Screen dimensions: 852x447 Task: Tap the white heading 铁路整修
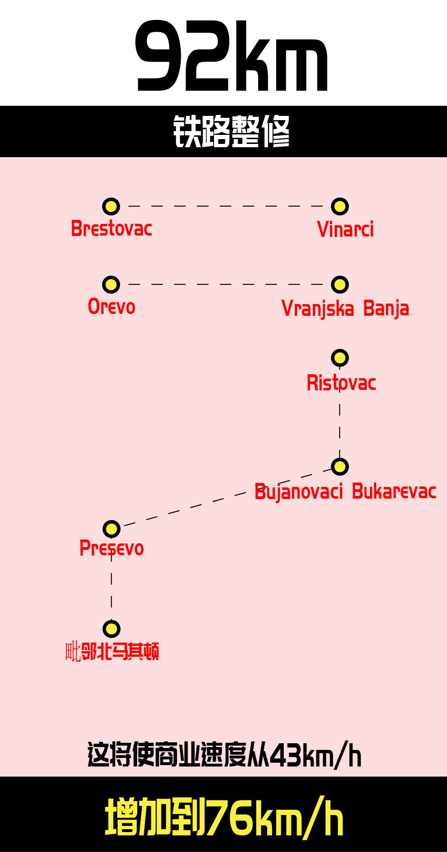pyautogui.click(x=232, y=131)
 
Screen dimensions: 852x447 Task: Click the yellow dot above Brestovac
pyautogui.click(x=112, y=207)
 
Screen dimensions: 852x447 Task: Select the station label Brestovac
pyautogui.click(x=112, y=228)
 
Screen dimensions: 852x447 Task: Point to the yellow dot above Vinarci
pyautogui.click(x=340, y=207)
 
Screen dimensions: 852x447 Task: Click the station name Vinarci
pyautogui.click(x=345, y=229)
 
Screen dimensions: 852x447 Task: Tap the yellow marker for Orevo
pyautogui.click(x=112, y=284)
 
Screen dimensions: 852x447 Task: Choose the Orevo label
pyautogui.click(x=112, y=307)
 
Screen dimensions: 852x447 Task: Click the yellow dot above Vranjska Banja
pyautogui.click(x=340, y=284)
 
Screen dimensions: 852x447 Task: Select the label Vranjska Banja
pyautogui.click(x=345, y=309)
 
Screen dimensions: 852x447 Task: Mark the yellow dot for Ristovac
pyautogui.click(x=340, y=358)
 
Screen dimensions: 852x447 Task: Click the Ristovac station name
pyautogui.click(x=341, y=383)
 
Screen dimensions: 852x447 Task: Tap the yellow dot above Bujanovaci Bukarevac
pyautogui.click(x=340, y=466)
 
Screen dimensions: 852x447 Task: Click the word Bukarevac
pyautogui.click(x=394, y=492)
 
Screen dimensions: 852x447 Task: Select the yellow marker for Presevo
pyautogui.click(x=112, y=529)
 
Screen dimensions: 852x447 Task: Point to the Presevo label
pyautogui.click(x=112, y=549)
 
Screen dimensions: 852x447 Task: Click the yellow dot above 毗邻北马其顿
pyautogui.click(x=112, y=629)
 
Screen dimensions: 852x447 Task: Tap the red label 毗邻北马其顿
pyautogui.click(x=112, y=651)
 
